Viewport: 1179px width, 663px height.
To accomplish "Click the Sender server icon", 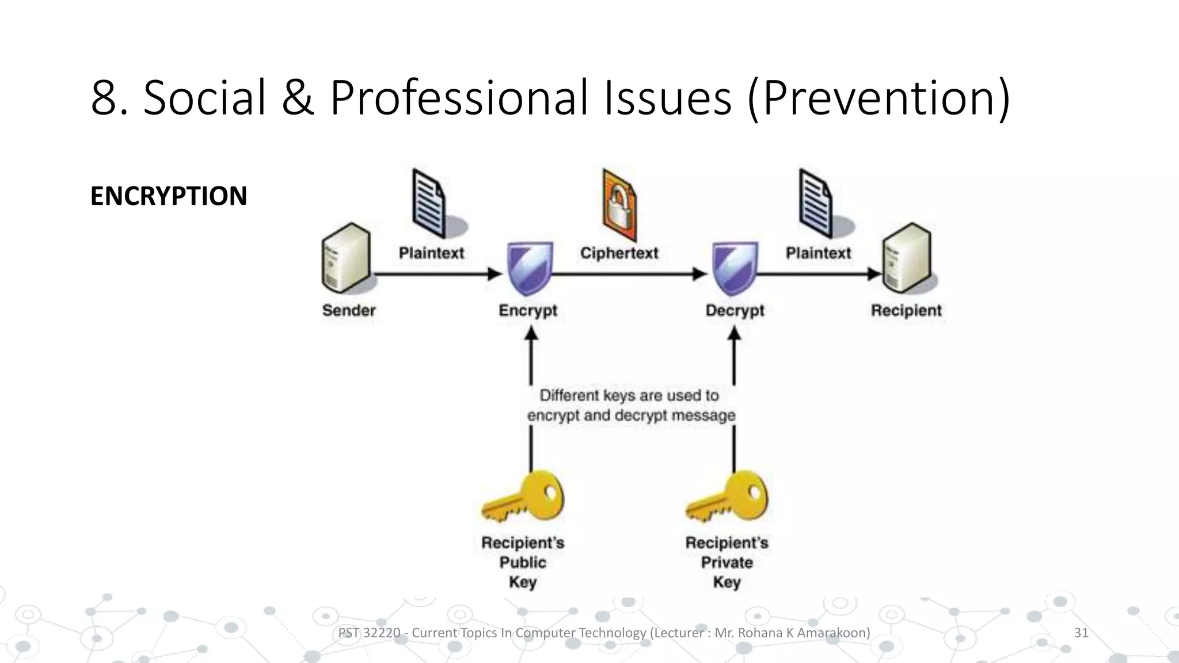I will (345, 258).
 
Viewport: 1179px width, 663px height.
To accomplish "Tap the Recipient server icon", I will (907, 258).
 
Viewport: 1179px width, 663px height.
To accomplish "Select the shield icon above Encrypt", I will (530, 269).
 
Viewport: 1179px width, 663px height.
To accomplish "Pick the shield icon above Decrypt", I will (735, 269).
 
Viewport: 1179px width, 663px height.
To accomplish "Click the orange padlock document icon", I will (619, 205).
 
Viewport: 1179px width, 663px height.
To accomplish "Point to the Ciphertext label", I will (619, 253).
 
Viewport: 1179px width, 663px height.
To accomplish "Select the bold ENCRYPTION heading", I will (169, 196).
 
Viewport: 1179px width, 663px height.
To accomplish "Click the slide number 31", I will (1081, 633).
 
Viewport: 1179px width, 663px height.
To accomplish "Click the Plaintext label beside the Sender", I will (431, 253).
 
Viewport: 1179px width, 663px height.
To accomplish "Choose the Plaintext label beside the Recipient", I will (818, 253).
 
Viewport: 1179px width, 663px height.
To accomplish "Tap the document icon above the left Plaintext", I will (429, 203).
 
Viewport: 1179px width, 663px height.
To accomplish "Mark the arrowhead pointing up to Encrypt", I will (531, 334).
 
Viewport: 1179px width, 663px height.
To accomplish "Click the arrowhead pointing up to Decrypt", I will (734, 334).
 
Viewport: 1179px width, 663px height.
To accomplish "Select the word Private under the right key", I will (727, 562).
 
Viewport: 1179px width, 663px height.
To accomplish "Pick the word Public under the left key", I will (523, 562).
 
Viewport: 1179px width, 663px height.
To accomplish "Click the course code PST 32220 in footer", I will (369, 633).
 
